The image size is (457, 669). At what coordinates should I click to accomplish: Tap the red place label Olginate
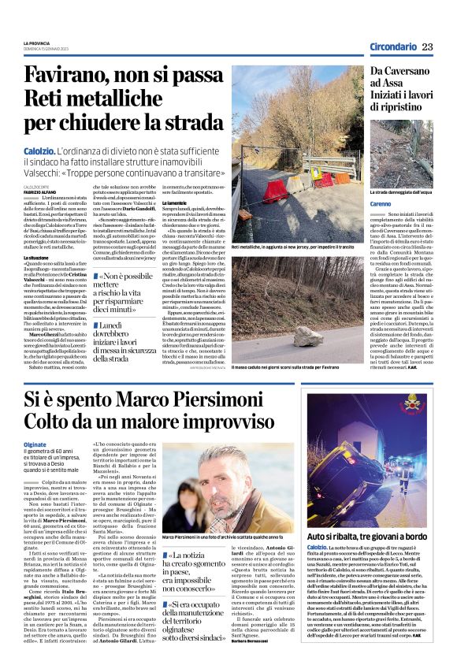[38, 444]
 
